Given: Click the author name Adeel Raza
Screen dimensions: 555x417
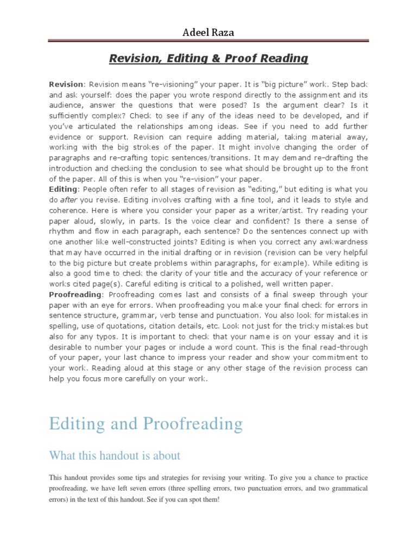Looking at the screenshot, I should coord(208,34).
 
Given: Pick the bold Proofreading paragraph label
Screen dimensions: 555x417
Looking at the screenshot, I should coord(75,294).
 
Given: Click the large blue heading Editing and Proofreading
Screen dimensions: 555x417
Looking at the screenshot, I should coord(146,423).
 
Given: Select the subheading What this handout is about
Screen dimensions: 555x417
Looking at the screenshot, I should coord(115,455).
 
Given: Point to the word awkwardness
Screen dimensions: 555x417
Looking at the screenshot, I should coord(340,242).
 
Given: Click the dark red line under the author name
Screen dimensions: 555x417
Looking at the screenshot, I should coord(208,41).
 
